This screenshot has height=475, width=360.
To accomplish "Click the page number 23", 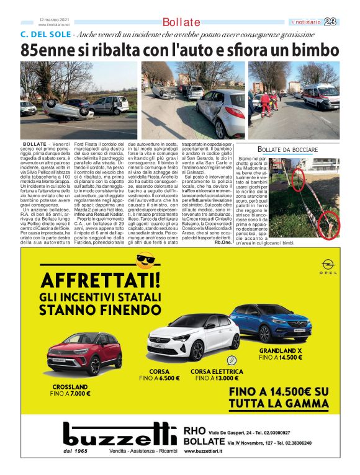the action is coord(330,22).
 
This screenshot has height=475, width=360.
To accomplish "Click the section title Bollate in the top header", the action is coord(181,22).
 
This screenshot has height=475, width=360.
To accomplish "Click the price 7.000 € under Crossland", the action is coord(79,393).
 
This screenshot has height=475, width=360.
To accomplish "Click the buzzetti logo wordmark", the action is coord(115,436).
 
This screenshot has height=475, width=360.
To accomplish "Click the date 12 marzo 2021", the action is coord(53,19).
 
